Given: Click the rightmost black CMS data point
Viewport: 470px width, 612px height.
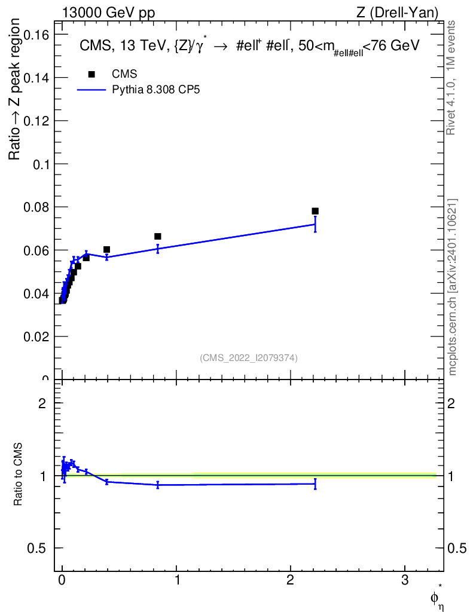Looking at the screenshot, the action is click(x=315, y=211).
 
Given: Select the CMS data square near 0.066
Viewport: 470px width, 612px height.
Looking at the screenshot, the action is click(x=158, y=236).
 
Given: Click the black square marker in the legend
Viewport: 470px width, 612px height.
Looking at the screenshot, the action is click(x=91, y=74).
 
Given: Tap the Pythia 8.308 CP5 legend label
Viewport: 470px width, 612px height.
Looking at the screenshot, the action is click(x=155, y=90).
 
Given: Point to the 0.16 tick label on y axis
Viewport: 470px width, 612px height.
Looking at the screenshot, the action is click(x=36, y=35).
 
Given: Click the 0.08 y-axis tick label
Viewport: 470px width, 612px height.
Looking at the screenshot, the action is click(x=36, y=207).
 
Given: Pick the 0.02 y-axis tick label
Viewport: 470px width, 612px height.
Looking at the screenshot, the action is click(x=36, y=336).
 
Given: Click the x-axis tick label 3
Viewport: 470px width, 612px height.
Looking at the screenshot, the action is click(x=405, y=580).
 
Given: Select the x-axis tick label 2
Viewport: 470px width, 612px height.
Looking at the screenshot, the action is click(x=291, y=580).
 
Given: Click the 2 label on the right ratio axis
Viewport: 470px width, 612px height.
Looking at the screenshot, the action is click(x=451, y=403).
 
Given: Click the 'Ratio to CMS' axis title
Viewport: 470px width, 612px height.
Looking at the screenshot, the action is click(x=18, y=474).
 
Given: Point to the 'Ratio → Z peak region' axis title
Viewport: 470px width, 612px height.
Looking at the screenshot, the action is click(x=14, y=90).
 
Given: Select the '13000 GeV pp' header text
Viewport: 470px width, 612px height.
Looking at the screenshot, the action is click(x=108, y=13).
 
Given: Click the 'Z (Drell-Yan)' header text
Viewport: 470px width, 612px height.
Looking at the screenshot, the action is click(x=397, y=13).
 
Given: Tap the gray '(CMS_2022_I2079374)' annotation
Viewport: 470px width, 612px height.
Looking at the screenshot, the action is click(x=249, y=358).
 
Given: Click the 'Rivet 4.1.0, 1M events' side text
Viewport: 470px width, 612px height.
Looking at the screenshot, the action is click(x=451, y=78).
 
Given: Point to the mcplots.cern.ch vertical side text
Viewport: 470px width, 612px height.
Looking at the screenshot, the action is click(x=453, y=287).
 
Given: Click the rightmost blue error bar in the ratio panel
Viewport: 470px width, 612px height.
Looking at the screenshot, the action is click(x=315, y=484).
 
